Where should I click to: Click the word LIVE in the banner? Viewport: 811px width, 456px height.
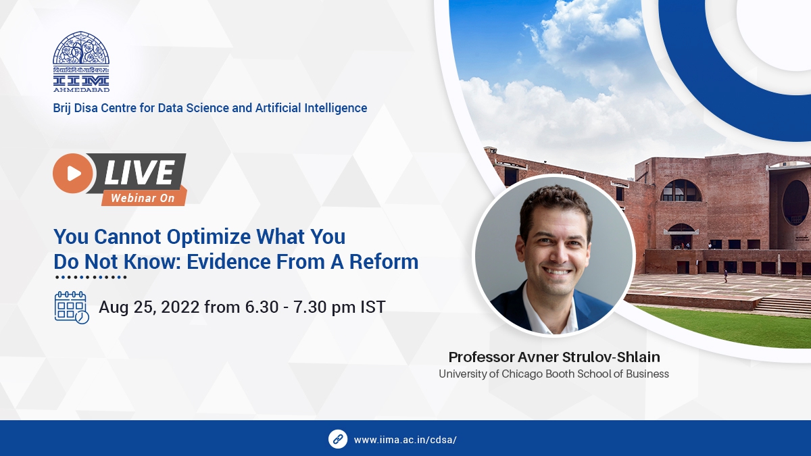coord(139,173)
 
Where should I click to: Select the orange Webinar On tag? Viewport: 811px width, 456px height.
coord(143,198)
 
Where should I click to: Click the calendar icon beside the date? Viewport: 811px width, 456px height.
coord(71,307)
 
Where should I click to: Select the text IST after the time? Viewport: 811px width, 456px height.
coord(372,307)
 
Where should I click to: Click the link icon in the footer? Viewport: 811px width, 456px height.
coord(338,438)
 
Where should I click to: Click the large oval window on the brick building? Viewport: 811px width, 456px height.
coord(795,203)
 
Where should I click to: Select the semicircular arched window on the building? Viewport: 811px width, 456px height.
coord(681,191)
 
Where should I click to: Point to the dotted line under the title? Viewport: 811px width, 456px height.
coord(91,277)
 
